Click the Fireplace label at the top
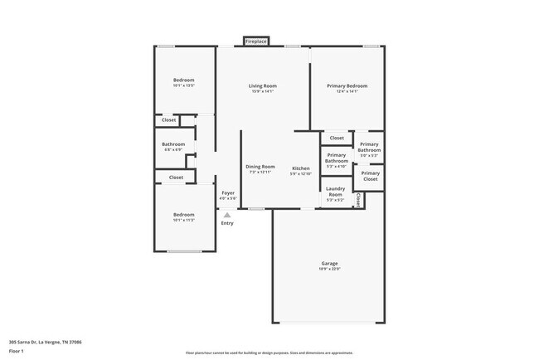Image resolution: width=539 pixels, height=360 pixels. click(255, 41)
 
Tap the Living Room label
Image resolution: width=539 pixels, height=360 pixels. click(263, 85)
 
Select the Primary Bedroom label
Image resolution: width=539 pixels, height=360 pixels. click(347, 85)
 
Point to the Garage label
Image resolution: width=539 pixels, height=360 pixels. click(329, 264)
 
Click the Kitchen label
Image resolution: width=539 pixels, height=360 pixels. click(300, 168)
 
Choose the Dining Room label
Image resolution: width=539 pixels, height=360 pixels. click(260, 167)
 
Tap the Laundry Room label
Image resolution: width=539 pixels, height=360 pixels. click(335, 192)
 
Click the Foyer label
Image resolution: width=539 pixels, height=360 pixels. click(227, 192)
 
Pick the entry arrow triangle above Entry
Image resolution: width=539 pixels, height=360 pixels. click(227, 214)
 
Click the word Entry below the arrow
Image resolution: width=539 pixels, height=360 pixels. click(227, 223)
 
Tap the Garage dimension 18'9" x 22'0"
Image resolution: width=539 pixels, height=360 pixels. click(329, 270)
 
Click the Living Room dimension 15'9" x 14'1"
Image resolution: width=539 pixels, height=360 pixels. click(263, 91)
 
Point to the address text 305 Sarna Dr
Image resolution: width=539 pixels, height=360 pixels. click(45, 341)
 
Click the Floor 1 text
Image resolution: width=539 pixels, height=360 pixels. click(17, 351)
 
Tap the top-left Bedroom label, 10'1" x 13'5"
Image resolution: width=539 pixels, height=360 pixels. click(183, 80)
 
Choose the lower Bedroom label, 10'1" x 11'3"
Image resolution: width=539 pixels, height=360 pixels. click(183, 214)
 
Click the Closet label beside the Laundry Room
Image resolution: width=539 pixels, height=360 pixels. click(358, 199)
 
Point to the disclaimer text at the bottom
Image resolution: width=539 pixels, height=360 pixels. click(269, 352)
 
